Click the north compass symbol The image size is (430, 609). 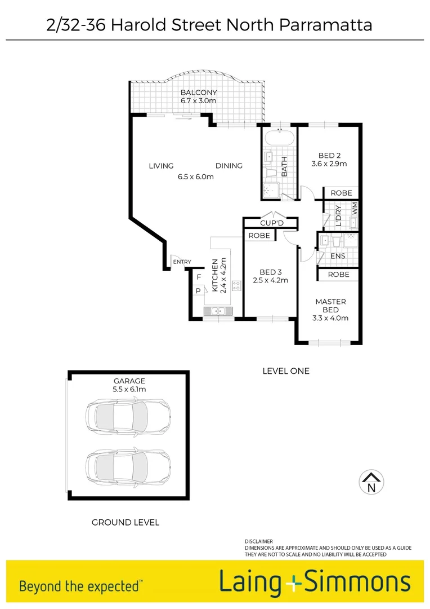371,483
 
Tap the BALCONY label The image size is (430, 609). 198,92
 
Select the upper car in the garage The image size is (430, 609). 127,416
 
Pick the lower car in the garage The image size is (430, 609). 127,467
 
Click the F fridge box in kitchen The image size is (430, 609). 199,277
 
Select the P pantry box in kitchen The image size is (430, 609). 199,290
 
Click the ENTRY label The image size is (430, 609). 182,262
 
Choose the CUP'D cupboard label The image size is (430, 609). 271,223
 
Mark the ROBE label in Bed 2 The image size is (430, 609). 341,193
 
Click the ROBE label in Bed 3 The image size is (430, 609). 259,236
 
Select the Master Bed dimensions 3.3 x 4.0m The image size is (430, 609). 330,318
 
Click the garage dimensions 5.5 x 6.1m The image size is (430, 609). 129,389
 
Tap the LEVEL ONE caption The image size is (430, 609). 286,370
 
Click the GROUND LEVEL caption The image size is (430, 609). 125,522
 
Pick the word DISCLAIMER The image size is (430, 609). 259,541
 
